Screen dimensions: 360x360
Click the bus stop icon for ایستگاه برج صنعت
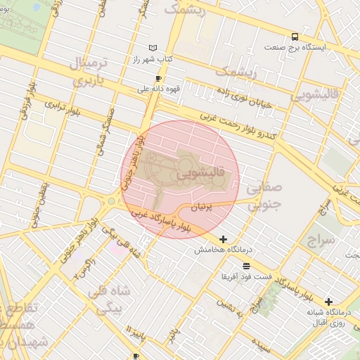pyautogui.click(x=294, y=37)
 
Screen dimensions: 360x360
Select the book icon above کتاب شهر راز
pyautogui.click(x=153, y=47)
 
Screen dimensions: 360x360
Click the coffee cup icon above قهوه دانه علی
pyautogui.click(x=158, y=79)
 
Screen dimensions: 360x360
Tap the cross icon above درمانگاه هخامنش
pyautogui.click(x=224, y=240)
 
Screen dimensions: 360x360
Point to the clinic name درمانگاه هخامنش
pyautogui.click(x=218, y=250)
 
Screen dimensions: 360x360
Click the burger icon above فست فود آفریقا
pyautogui.click(x=245, y=265)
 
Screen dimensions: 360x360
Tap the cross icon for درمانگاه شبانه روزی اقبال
pyautogui.click(x=328, y=302)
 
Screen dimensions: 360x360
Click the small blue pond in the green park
pyautogui.click(x=15, y=19)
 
